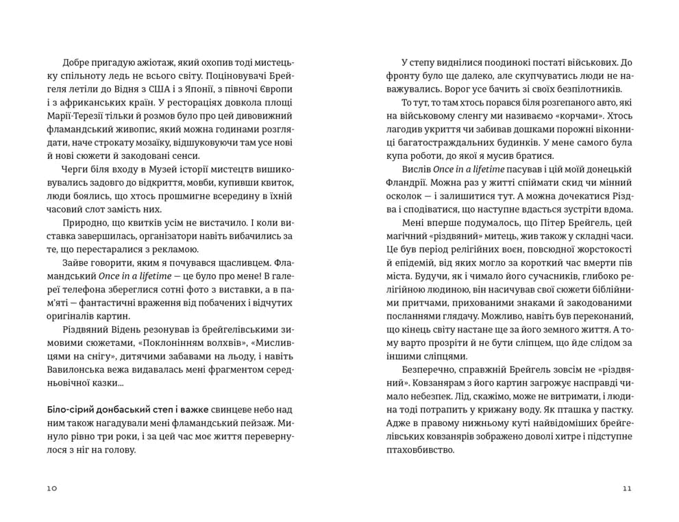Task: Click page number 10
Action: (x=53, y=488)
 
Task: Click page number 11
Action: (x=626, y=488)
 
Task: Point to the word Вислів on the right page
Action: (x=417, y=168)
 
